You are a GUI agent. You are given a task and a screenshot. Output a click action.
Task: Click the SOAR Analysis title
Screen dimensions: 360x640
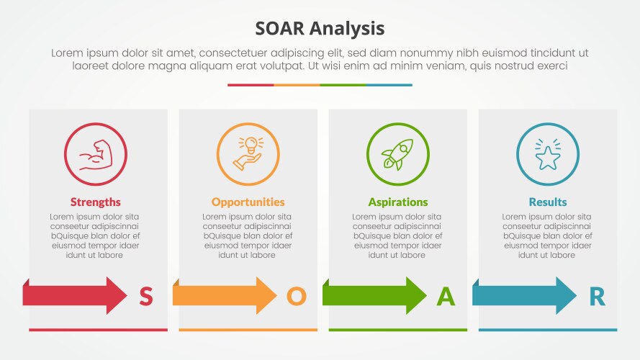(320, 29)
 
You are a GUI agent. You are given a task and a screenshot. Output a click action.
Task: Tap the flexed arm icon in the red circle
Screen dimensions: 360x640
(95, 155)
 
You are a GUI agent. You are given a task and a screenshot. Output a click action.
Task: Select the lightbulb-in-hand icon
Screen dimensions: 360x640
(248, 155)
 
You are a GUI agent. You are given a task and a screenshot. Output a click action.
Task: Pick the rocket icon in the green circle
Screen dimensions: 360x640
(397, 155)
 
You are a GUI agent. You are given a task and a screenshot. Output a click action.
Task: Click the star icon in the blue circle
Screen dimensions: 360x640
(547, 155)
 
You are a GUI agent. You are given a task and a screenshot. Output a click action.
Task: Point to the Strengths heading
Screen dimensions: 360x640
(95, 202)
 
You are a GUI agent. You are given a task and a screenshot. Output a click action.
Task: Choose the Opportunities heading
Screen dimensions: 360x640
(248, 202)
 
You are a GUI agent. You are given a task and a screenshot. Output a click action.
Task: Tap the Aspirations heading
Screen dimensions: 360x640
(397, 202)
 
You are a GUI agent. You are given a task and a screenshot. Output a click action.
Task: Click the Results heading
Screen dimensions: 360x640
(547, 202)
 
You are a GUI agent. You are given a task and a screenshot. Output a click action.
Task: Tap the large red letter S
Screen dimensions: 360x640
(145, 297)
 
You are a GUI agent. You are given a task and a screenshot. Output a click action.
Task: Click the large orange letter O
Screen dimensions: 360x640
(296, 297)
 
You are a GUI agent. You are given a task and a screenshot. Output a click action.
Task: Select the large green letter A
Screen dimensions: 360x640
(446, 297)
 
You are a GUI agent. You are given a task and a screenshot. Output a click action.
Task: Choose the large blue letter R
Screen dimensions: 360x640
(597, 297)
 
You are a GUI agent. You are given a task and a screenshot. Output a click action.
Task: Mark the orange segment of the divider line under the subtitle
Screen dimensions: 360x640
(297, 85)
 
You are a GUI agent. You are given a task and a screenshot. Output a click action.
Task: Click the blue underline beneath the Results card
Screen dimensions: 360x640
(547, 330)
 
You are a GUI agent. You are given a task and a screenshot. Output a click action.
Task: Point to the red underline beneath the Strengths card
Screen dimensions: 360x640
(98, 330)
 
